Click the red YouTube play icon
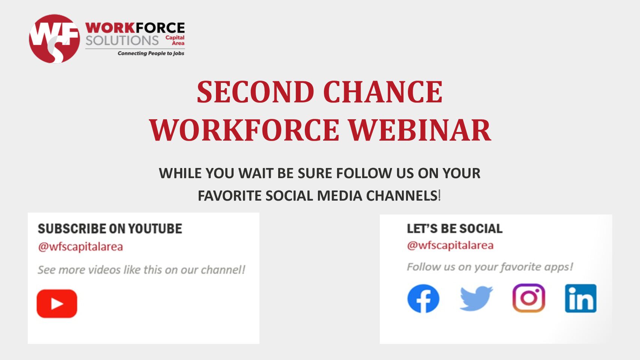click(57, 303)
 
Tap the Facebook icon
click(423, 298)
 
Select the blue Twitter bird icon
click(476, 298)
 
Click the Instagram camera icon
click(529, 298)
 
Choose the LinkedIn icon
click(580, 298)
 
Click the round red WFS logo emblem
click(54, 39)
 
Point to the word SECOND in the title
click(256, 92)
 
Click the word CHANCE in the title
click(383, 92)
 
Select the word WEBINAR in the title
click(420, 130)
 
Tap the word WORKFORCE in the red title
click(244, 130)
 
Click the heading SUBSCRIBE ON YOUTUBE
click(110, 229)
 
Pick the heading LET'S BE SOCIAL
click(454, 229)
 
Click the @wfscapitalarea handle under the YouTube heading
click(81, 247)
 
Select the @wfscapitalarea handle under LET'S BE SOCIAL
click(450, 245)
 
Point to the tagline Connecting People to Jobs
click(151, 53)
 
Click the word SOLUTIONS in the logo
click(122, 40)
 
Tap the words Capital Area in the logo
click(175, 40)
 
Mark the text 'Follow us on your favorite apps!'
click(490, 267)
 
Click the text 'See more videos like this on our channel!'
click(142, 270)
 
